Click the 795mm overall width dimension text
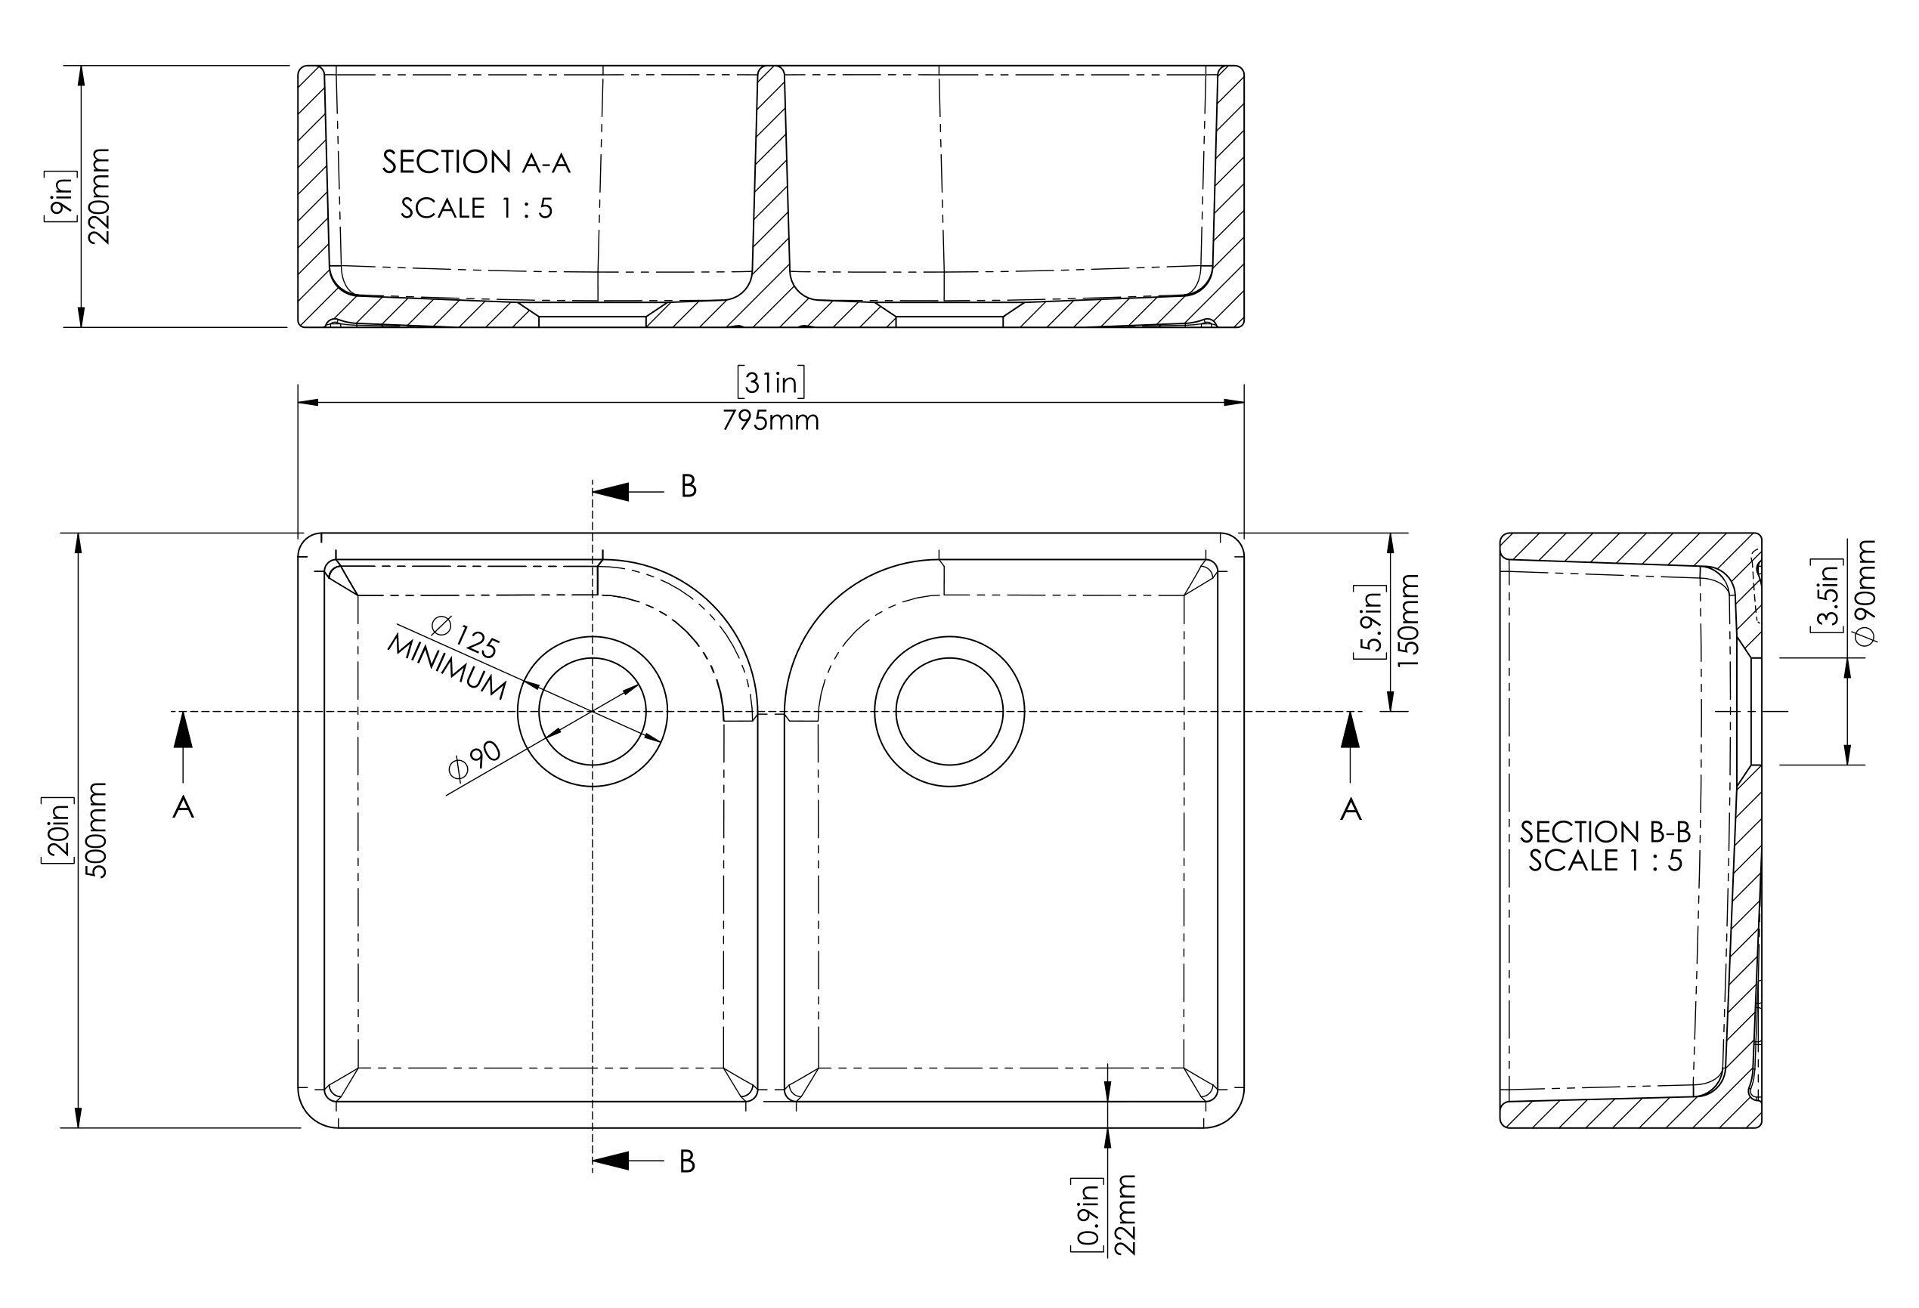coord(770,421)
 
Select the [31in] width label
coord(771,382)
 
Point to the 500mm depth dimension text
coord(97,830)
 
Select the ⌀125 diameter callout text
coord(465,638)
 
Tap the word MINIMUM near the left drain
coord(446,666)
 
